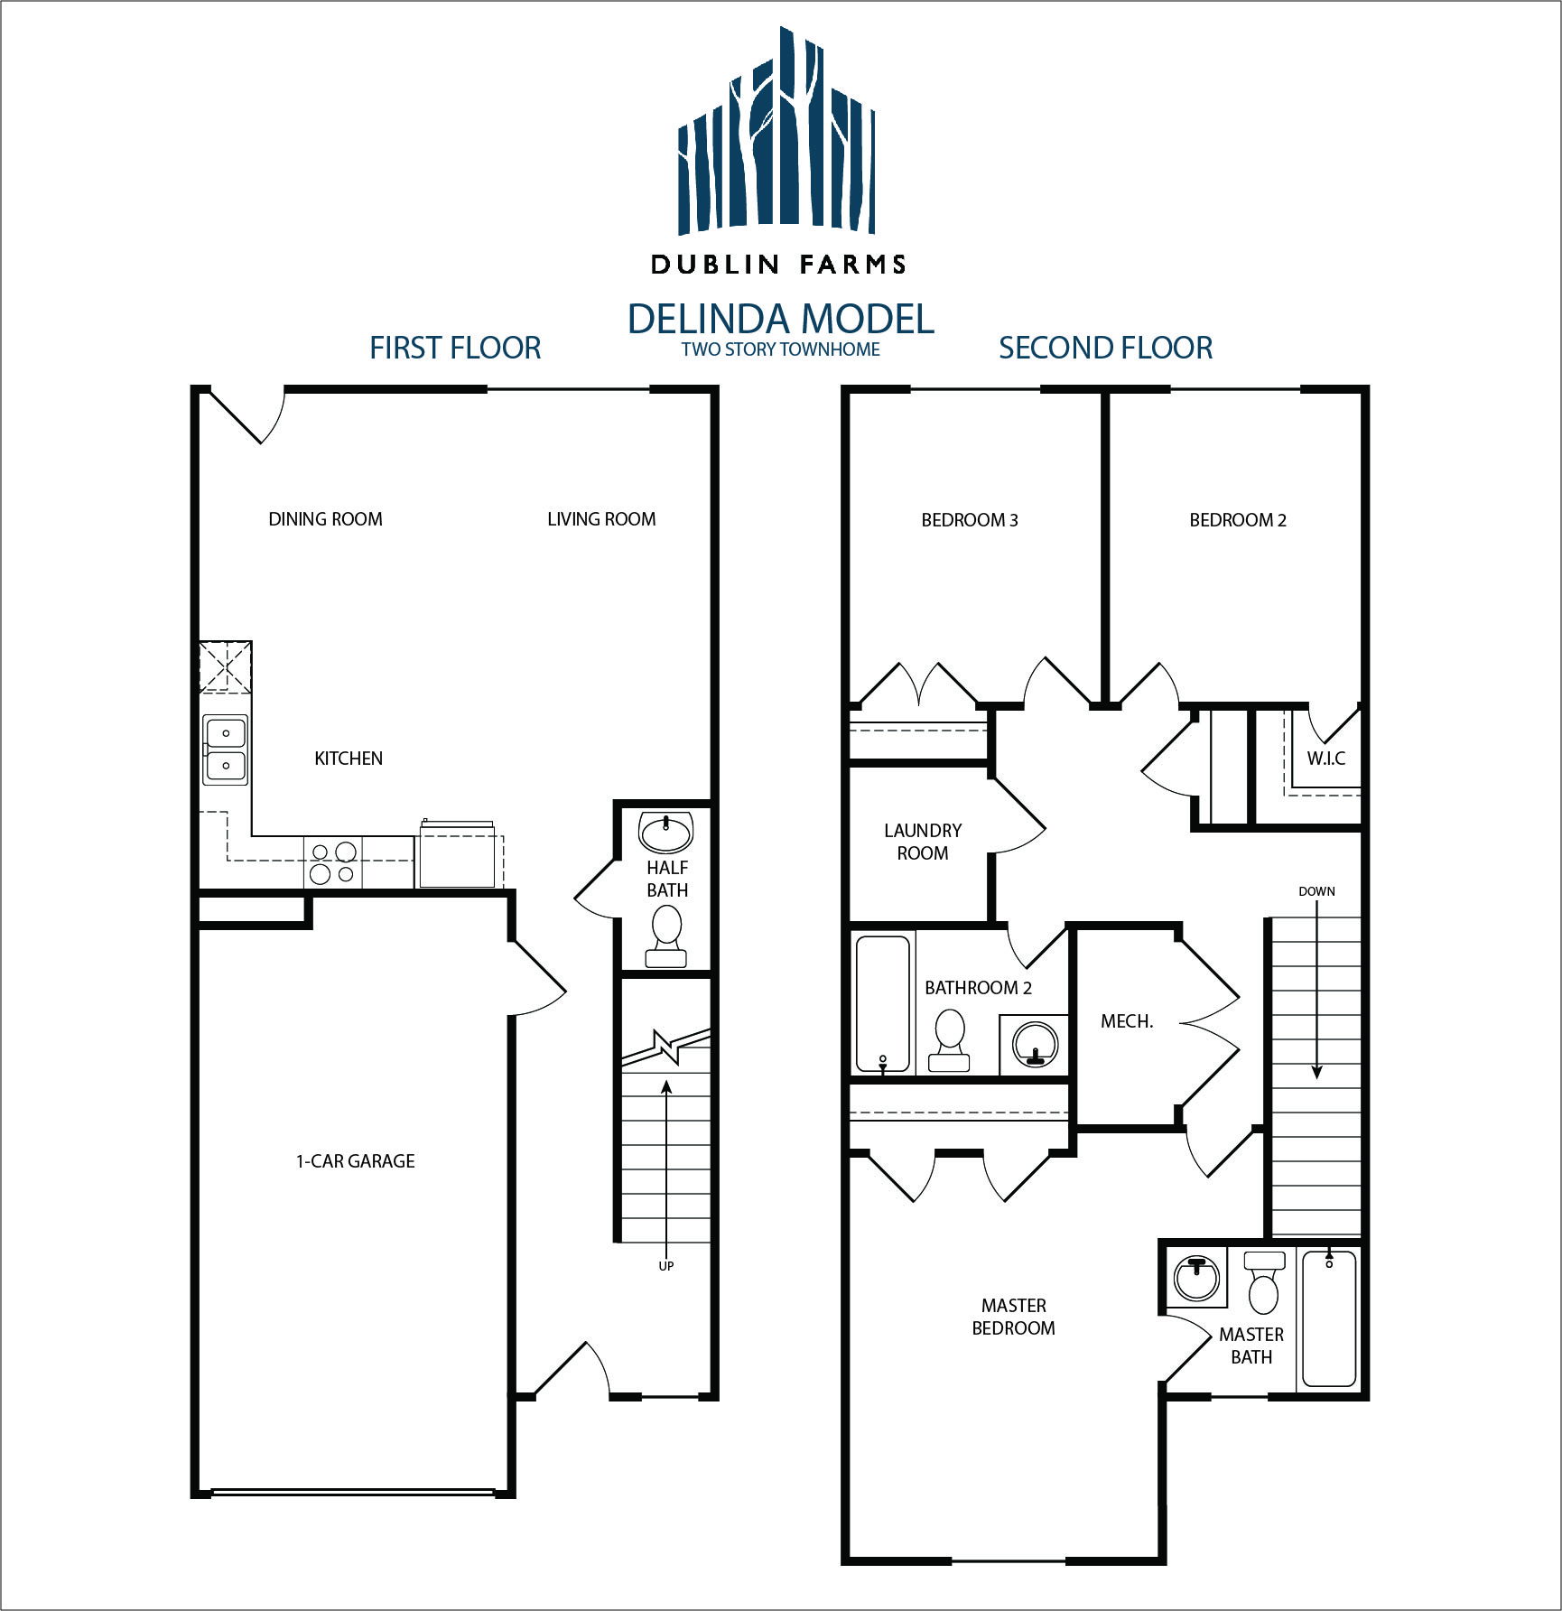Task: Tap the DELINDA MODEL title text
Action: (x=781, y=319)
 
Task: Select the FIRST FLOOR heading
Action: (x=455, y=348)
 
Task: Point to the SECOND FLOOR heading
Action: (x=1105, y=348)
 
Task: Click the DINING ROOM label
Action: (x=325, y=519)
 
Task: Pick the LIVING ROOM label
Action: (x=601, y=519)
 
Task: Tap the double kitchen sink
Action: (x=225, y=749)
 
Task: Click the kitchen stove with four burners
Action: (x=332, y=862)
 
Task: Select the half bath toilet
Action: (x=666, y=936)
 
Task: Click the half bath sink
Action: (x=665, y=832)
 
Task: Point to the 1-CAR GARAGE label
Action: (x=356, y=1161)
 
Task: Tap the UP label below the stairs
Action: (x=666, y=1266)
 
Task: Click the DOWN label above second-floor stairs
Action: (x=1316, y=891)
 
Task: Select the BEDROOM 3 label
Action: (x=970, y=520)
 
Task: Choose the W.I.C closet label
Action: (x=1326, y=759)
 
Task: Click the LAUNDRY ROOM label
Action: (x=923, y=842)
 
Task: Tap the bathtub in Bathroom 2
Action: (x=883, y=1004)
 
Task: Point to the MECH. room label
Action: (x=1127, y=1021)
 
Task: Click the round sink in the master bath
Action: (x=1197, y=1278)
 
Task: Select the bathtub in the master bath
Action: (x=1329, y=1318)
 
